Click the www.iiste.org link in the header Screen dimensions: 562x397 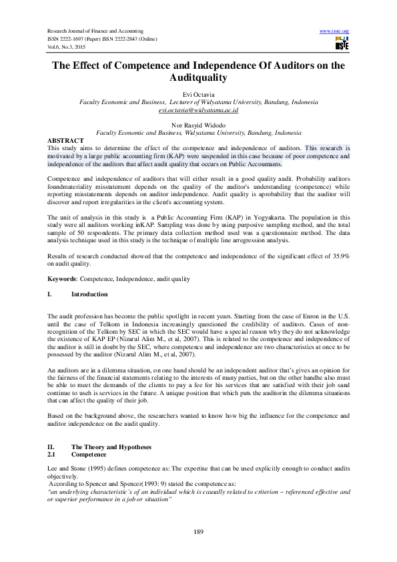pyautogui.click(x=334, y=31)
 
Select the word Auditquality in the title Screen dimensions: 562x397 pyautogui.click(x=198, y=78)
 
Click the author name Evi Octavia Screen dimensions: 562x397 pyautogui.click(x=198, y=95)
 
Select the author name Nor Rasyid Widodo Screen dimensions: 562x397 pyautogui.click(x=198, y=125)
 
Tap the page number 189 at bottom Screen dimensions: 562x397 pyautogui.click(x=198, y=531)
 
